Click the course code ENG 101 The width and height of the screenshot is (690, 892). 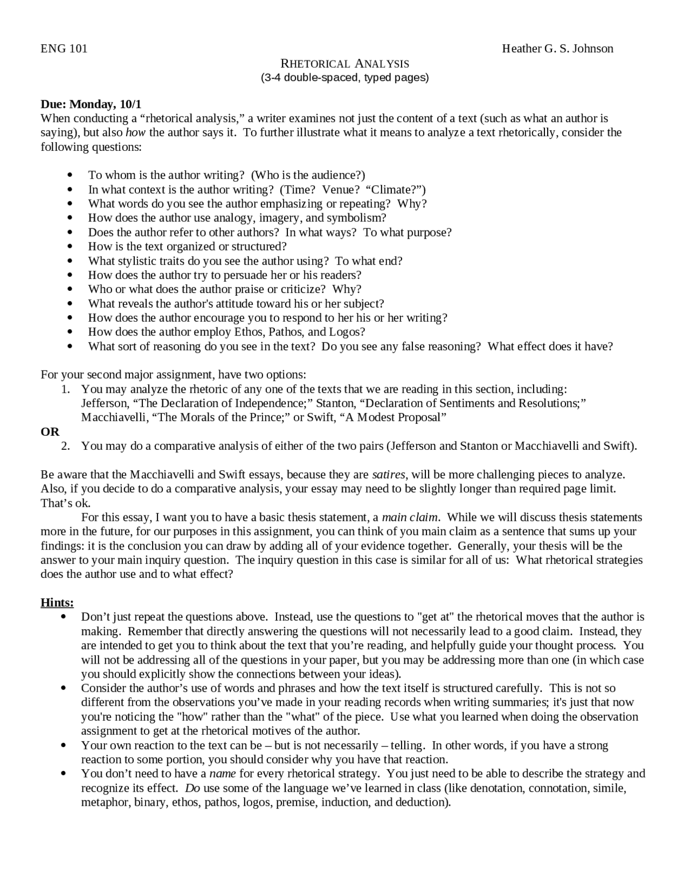coord(64,49)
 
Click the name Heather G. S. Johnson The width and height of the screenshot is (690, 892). coord(557,49)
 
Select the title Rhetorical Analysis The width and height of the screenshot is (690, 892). coord(344,64)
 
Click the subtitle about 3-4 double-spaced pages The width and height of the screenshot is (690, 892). coord(344,78)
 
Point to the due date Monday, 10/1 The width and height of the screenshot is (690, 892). coord(91,104)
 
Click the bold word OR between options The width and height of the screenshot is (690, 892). coord(50,432)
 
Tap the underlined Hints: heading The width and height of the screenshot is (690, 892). coord(57,603)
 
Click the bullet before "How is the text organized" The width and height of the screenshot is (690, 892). coord(70,247)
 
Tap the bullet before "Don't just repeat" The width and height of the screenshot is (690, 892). coord(64,617)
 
